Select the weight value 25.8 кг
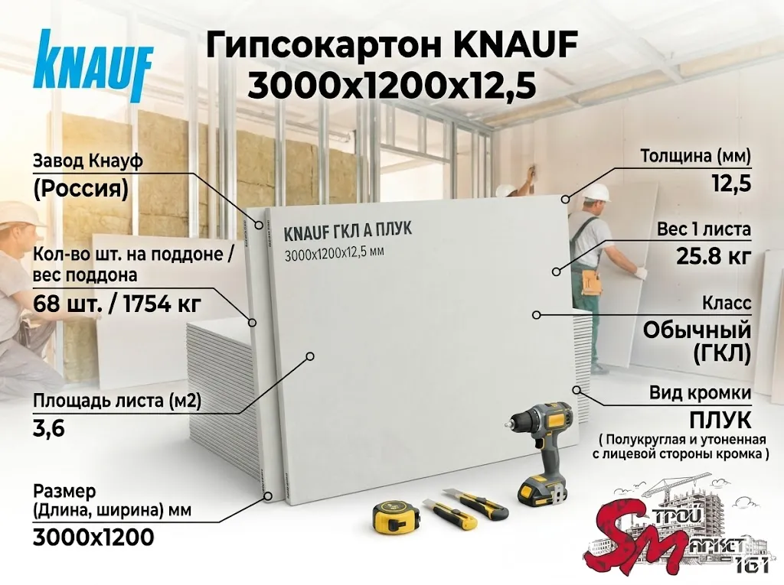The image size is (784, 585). (714, 256)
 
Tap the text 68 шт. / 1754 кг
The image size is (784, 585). (117, 303)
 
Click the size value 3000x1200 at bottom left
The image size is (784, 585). (93, 538)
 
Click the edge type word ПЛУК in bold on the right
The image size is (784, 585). (720, 421)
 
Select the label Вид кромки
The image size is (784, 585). (700, 392)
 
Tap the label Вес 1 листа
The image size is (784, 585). (704, 229)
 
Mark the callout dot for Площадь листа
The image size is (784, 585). (310, 356)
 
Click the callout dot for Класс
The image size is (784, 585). (536, 315)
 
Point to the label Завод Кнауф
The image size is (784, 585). (88, 161)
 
